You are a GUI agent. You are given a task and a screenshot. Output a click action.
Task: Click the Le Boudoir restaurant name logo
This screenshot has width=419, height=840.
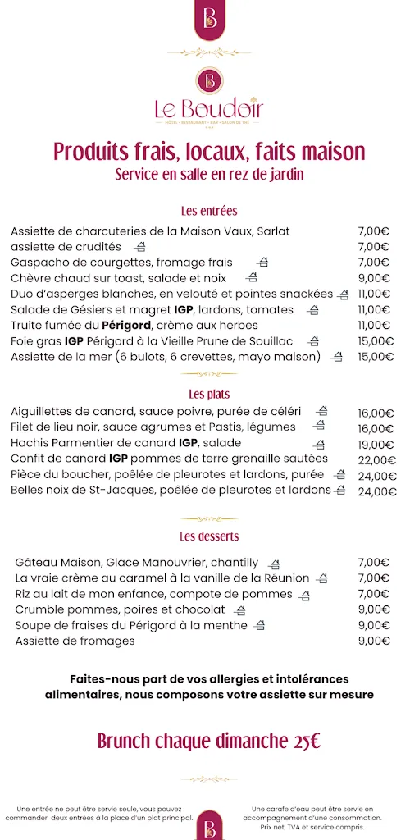[209, 107]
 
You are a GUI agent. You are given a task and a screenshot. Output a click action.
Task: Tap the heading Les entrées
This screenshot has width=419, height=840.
[209, 211]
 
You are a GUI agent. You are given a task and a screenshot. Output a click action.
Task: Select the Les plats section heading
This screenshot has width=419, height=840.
[208, 394]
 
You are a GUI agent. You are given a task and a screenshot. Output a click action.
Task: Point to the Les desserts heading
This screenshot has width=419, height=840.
[209, 536]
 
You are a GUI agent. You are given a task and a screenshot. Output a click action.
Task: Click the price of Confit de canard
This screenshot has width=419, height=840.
[376, 459]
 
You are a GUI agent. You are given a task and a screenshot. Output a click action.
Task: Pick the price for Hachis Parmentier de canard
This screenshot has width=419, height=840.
[376, 444]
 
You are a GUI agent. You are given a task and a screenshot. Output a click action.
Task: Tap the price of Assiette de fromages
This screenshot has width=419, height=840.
[373, 641]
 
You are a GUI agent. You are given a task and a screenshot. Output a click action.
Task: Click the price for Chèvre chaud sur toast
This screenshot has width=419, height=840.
[373, 278]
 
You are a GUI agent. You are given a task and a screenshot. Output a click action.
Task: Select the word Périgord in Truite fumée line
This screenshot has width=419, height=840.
[129, 325]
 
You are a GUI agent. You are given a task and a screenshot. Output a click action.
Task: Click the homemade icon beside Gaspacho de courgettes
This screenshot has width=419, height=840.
[262, 262]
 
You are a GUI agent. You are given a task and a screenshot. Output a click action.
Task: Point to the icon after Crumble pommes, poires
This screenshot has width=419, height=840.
[239, 610]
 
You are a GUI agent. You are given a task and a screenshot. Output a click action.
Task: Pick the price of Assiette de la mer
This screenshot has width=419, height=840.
[376, 357]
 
